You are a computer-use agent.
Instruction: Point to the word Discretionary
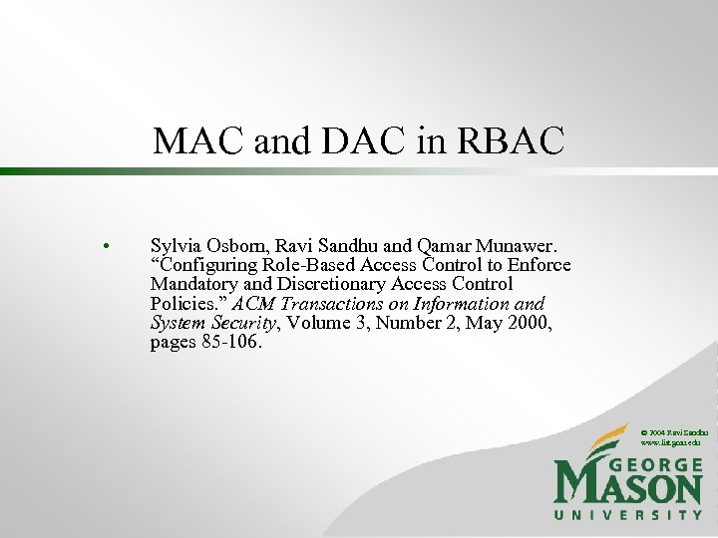click(312, 284)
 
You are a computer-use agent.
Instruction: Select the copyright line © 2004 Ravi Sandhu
click(674, 433)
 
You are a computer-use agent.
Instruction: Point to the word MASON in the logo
click(628, 488)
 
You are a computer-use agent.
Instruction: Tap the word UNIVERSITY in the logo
click(628, 515)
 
